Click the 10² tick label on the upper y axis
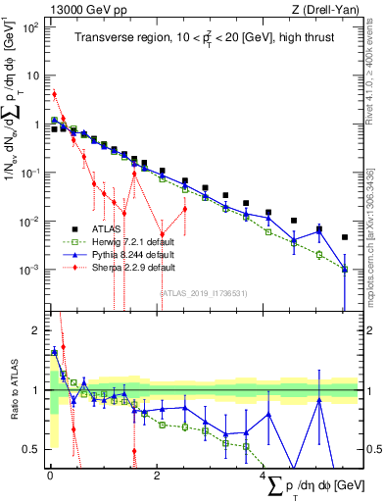click(31, 27)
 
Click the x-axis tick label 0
click(50, 476)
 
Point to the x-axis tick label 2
click(157, 476)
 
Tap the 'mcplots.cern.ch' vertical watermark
click(376, 226)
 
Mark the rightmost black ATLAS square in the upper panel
click(344, 237)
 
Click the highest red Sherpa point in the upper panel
click(55, 94)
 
